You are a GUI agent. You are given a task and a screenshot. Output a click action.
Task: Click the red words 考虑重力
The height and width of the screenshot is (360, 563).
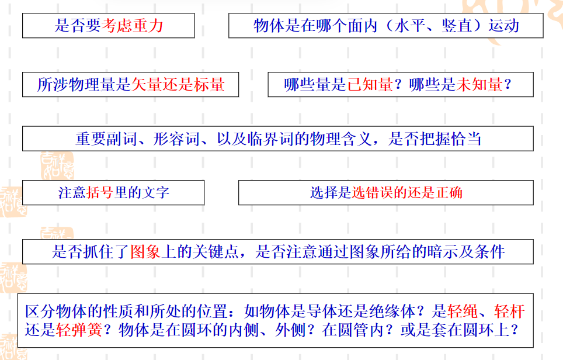click(133, 26)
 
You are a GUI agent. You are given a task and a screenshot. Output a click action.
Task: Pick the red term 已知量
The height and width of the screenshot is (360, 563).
click(370, 84)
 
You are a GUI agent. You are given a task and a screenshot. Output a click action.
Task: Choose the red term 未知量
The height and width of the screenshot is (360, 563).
click(479, 84)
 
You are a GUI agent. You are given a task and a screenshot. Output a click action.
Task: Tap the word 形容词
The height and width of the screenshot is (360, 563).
click(176, 139)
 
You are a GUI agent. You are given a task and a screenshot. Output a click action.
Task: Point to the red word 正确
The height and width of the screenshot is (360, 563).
click(449, 193)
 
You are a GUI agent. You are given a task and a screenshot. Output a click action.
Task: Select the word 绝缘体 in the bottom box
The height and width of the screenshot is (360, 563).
click(392, 311)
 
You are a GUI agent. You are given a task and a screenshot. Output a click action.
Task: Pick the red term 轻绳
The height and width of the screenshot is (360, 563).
click(463, 311)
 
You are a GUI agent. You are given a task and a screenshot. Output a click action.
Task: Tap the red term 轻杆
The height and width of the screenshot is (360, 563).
click(509, 311)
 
